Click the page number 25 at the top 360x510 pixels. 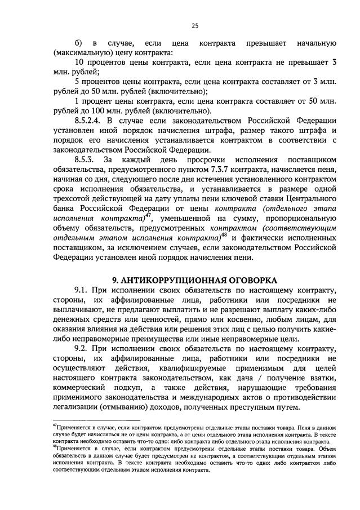pos(195,25)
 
